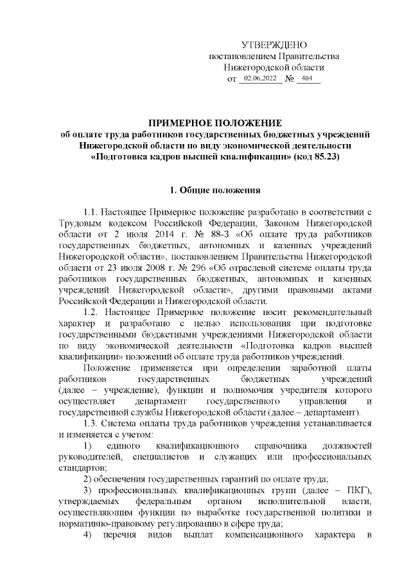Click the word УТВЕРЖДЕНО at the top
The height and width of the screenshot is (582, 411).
pyautogui.click(x=274, y=45)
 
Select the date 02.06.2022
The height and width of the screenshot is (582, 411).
pyautogui.click(x=259, y=79)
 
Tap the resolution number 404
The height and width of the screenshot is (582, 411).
pyautogui.click(x=306, y=79)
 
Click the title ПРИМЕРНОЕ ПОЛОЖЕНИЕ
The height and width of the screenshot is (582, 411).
pyautogui.click(x=215, y=123)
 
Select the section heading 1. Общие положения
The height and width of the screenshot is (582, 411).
pyautogui.click(x=214, y=190)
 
